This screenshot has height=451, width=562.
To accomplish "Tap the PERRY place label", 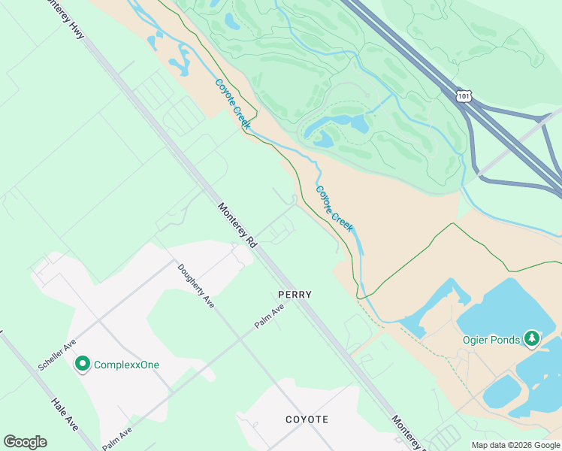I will (295, 295).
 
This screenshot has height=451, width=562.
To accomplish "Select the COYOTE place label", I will (307, 419).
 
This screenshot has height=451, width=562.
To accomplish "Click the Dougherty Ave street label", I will (197, 286).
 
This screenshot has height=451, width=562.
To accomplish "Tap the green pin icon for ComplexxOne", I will (82, 365).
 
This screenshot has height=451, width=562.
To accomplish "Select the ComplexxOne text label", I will (126, 365).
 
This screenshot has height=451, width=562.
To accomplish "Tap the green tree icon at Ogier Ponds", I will (532, 339).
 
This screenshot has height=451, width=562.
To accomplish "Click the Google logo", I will (25, 442).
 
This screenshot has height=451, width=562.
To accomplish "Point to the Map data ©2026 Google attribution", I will (516, 445).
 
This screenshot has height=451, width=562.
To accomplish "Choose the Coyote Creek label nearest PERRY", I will (334, 209).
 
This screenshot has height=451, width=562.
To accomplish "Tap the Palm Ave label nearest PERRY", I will (269, 316).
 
